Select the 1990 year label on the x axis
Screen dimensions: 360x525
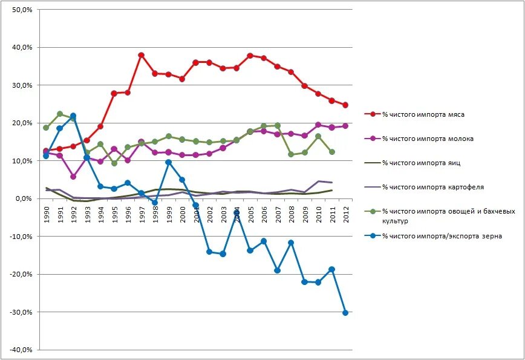(x=46, y=215)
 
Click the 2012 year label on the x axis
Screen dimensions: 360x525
(x=345, y=215)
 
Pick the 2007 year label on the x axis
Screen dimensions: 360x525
(x=278, y=215)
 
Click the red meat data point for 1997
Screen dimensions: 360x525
(x=141, y=55)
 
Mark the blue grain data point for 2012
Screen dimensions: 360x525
(x=345, y=313)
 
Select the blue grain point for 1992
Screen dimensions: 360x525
(x=73, y=116)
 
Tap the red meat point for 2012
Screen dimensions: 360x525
(x=345, y=105)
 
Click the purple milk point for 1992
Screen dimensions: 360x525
(x=73, y=177)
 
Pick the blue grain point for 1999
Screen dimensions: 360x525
(x=168, y=162)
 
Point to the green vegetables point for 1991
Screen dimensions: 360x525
(x=59, y=114)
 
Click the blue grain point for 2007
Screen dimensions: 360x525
(x=278, y=270)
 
